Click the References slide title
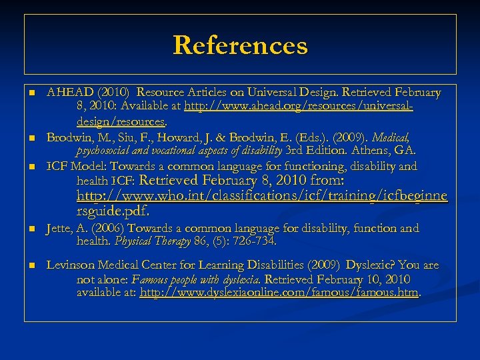pos(240,45)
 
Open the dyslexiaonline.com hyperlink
pos(279,292)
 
